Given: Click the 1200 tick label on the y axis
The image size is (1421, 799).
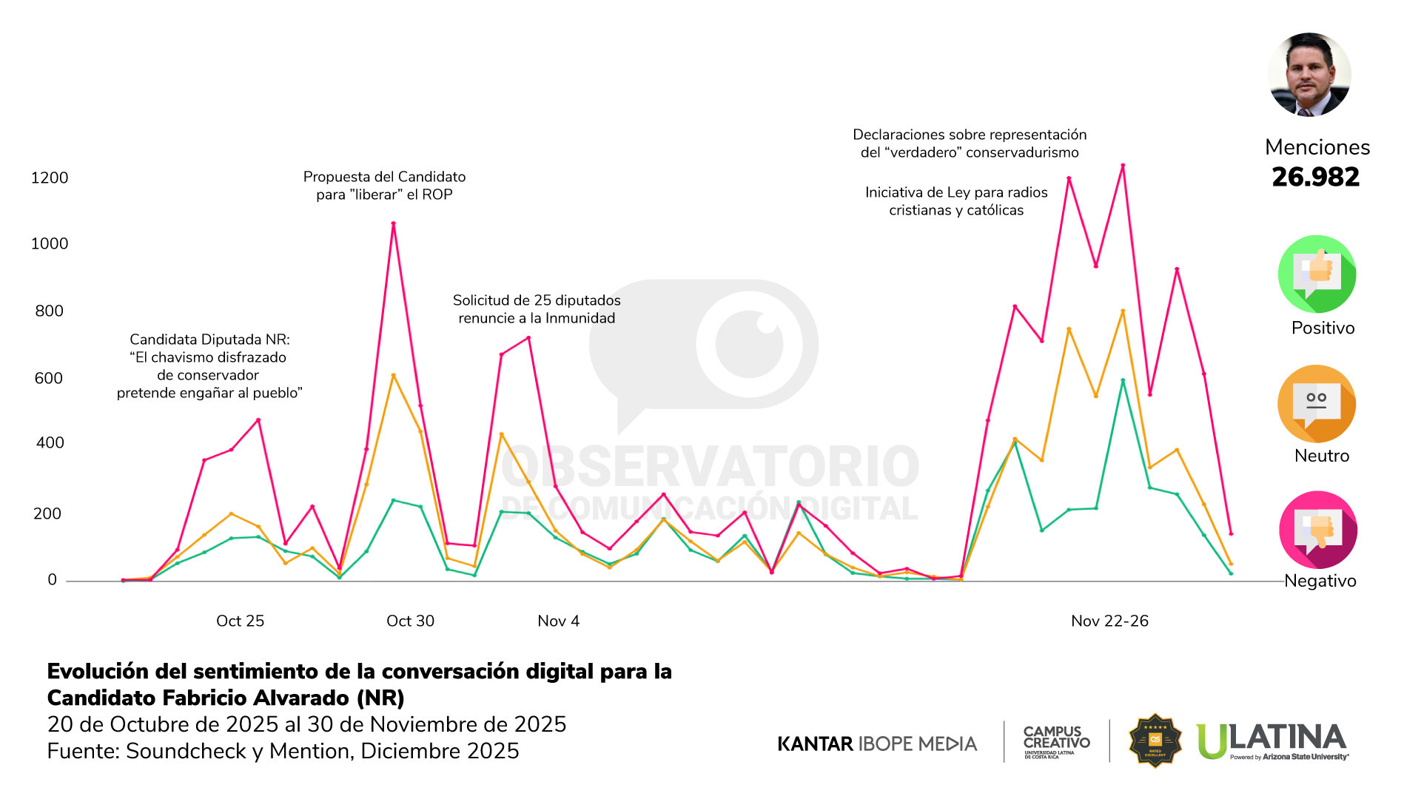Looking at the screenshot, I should coord(49,178).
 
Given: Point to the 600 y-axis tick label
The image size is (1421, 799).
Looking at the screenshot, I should coord(49,378).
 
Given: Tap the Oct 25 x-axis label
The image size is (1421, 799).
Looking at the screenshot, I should coord(240,621).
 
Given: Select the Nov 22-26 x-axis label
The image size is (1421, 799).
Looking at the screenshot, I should coord(1109,621).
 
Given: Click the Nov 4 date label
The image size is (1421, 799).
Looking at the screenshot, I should coord(558,621).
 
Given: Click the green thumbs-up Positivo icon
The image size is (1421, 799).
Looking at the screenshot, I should coord(1317,274).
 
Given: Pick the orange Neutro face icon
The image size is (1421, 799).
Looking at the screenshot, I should coord(1317,404).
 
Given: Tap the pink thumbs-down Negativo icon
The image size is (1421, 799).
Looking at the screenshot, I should coord(1317,530).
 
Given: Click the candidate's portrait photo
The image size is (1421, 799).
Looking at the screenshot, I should coord(1309,75).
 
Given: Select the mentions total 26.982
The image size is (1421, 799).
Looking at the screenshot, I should coord(1315,177).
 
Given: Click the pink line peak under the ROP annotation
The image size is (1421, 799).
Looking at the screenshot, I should coord(393,223).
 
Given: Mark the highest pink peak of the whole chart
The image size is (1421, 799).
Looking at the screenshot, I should coord(1123,166).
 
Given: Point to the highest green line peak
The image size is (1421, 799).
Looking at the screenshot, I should coord(1123,380).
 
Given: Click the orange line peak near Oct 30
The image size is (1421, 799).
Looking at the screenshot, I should coord(393,376).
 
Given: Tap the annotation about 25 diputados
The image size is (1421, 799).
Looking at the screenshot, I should coord(537,309).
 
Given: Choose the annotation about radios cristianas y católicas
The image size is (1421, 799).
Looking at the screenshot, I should coord(956,201).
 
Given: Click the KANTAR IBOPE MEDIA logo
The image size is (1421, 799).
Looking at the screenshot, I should coord(877,744).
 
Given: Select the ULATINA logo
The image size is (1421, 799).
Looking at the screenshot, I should coord(1272,741).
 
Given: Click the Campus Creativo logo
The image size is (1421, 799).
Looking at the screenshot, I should coord(1056,741).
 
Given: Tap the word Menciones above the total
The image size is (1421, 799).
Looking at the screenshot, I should coord(1317,147).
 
